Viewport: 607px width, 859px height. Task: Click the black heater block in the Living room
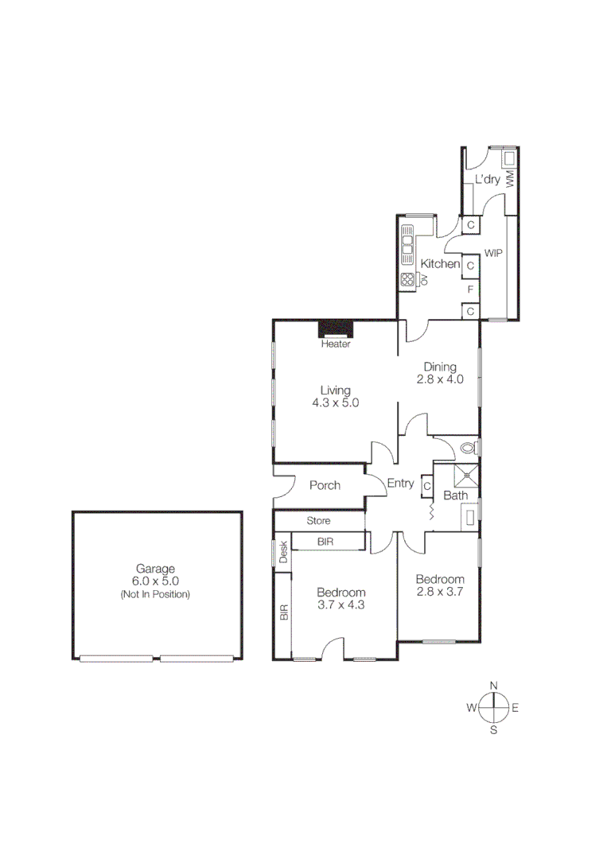tap(336, 329)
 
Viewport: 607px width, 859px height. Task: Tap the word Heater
tap(336, 344)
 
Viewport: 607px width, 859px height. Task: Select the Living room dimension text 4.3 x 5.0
tap(336, 402)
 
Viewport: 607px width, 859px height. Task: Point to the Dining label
tap(439, 367)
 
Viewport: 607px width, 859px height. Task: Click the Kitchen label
tap(440, 264)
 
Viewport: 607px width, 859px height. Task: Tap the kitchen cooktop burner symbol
tap(408, 279)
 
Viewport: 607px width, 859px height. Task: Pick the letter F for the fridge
tap(471, 289)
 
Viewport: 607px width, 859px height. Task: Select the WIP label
tap(493, 253)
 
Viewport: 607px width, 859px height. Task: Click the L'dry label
tap(487, 180)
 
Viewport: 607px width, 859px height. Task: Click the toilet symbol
tap(469, 448)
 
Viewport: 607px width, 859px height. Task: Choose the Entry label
tap(400, 483)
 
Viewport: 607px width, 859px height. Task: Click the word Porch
tap(325, 485)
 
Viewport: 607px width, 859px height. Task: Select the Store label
tap(319, 522)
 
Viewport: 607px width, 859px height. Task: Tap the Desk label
tap(282, 552)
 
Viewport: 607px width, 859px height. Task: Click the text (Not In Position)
tap(155, 593)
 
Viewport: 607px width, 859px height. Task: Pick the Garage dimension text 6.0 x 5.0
tap(155, 581)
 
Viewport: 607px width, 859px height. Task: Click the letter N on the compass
tap(493, 685)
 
